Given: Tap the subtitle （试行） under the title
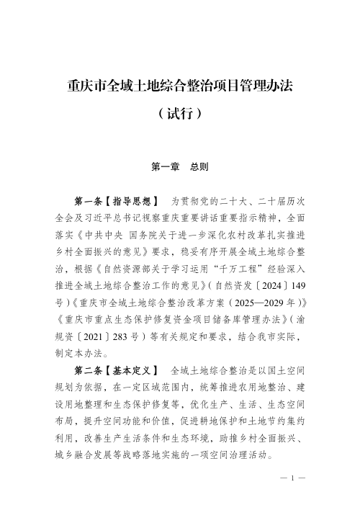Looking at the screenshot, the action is coord(179,114).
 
